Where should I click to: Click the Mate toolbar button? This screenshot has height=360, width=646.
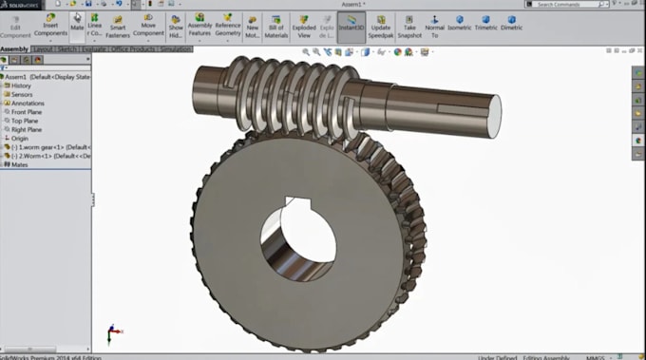[x=76, y=23]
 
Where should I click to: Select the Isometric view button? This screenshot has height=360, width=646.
[x=459, y=22]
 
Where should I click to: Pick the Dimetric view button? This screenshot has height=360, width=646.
[x=511, y=22]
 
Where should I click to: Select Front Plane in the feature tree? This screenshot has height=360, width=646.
[x=28, y=112]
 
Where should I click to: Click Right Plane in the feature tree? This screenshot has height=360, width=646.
[x=28, y=129]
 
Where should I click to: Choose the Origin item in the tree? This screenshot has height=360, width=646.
[x=20, y=138]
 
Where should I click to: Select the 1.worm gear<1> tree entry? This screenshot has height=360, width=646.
[x=47, y=147]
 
